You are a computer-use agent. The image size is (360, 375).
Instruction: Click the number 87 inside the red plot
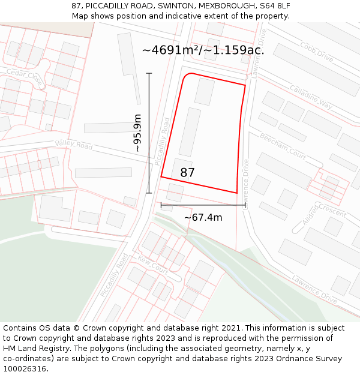pos(187,173)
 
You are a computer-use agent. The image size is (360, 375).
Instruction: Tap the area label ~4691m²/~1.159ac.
pos(203,50)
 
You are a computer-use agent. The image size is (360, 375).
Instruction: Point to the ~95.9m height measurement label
pos(137,133)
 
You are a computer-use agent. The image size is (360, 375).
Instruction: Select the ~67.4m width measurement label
pos(203,217)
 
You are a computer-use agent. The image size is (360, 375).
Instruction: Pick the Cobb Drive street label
pos(316,53)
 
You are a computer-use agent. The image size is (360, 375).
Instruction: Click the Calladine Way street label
pos(310,97)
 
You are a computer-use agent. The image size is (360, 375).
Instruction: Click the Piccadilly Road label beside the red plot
pos(163,142)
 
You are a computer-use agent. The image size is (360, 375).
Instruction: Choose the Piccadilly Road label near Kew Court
pos(115,275)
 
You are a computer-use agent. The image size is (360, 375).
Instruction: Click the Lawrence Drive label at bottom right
pos(314,288)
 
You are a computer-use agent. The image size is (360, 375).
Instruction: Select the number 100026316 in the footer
pos(26,368)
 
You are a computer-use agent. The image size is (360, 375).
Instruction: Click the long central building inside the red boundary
pos(190,132)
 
